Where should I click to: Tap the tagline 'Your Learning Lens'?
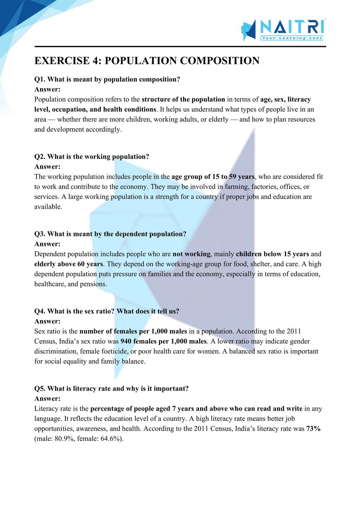pos(292,38)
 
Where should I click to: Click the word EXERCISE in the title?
pos(62,61)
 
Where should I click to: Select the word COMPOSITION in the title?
pos(220,61)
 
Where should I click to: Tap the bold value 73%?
pos(313,429)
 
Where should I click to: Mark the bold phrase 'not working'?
pos(192,254)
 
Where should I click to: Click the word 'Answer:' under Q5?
pos(47,399)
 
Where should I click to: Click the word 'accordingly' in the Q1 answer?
pos(104,129)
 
